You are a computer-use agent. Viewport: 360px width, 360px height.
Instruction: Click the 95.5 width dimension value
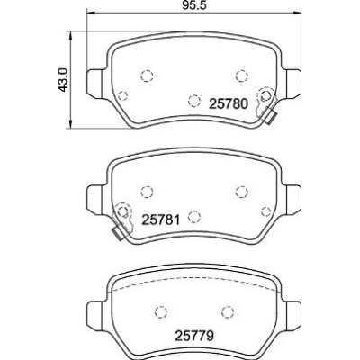tap(194, 5)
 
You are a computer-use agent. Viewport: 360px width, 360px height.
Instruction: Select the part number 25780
tap(229, 104)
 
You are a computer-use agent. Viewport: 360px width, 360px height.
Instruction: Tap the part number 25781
tap(161, 220)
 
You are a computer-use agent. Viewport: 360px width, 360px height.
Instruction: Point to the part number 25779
tap(194, 336)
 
